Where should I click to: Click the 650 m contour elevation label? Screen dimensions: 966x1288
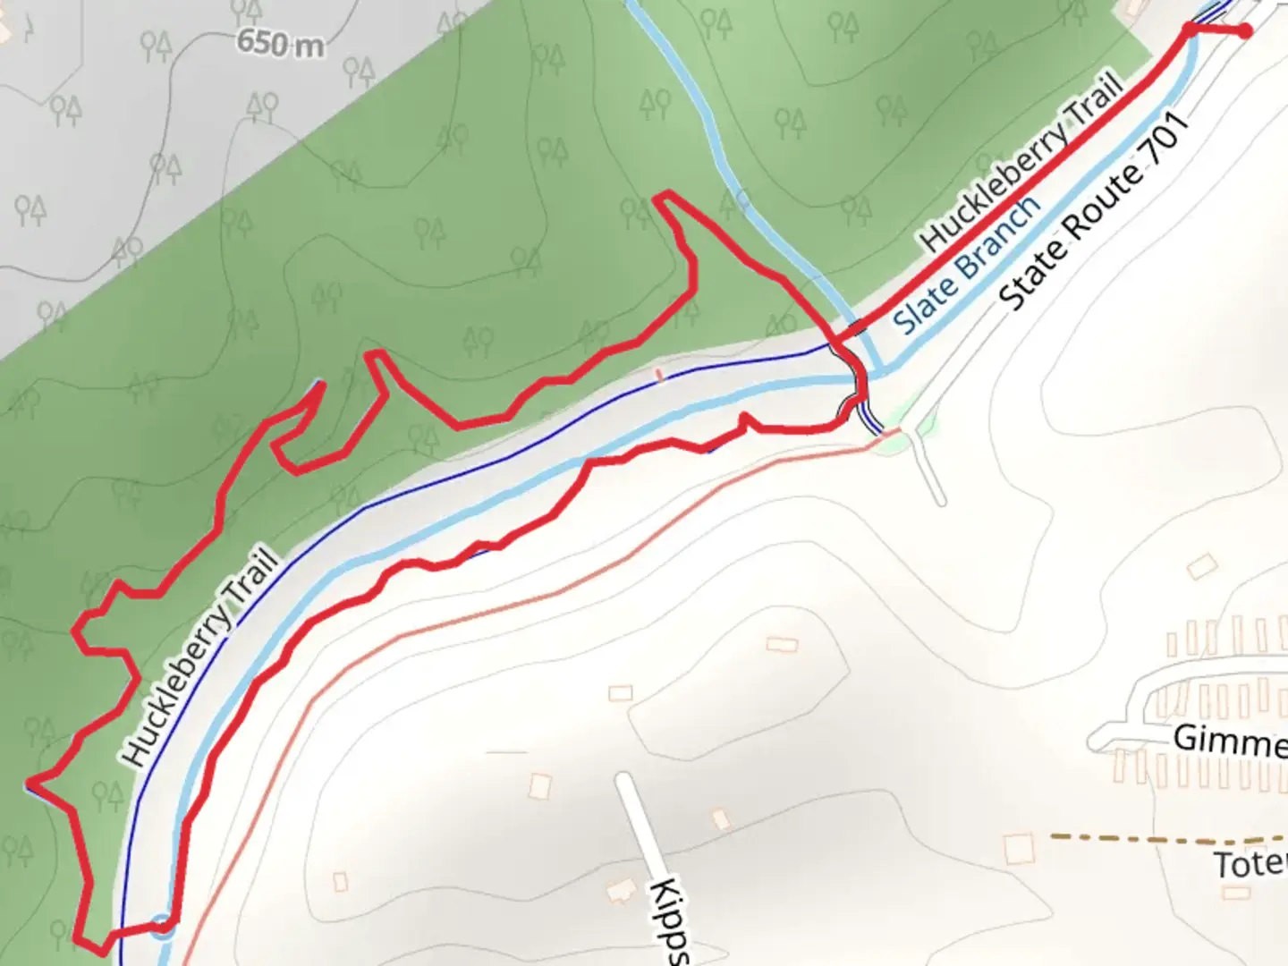point(281,42)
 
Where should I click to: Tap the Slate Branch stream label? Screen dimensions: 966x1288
point(969,264)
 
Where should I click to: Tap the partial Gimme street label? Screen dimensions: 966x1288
point(1231,741)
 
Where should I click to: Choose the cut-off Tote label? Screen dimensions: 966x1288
point(1250,865)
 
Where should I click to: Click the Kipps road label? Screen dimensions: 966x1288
point(670,921)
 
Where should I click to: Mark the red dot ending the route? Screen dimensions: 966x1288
point(1244,32)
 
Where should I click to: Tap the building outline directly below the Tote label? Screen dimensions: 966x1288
point(1237,893)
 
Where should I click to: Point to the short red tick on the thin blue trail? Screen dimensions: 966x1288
point(660,376)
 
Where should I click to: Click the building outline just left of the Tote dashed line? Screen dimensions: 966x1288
point(1019,848)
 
